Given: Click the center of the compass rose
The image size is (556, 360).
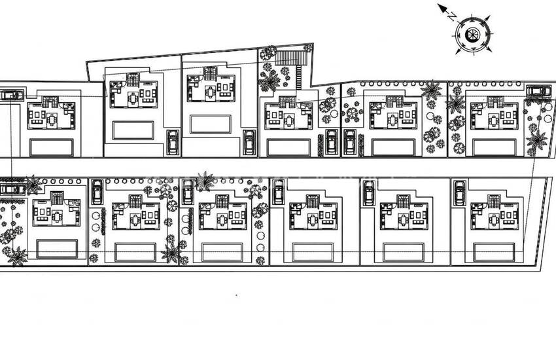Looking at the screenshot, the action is (x=472, y=35).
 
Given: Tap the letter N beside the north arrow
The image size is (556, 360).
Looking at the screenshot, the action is (x=452, y=16).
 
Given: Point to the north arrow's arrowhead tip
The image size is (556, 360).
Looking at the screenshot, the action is (x=438, y=5).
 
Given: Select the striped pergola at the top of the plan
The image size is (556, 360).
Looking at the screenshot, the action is (x=290, y=58).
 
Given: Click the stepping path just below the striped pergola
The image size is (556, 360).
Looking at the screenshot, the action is (x=298, y=77).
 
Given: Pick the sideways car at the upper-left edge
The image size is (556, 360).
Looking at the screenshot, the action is (x=12, y=95).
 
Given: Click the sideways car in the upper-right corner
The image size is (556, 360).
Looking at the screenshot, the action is (x=539, y=91).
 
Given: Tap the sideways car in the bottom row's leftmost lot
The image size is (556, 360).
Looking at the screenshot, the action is (x=13, y=189).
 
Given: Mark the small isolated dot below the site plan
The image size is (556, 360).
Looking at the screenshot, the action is (x=237, y=295).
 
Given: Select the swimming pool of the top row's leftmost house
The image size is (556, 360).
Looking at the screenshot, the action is (x=52, y=147).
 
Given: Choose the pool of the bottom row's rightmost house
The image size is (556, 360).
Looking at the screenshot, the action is (x=494, y=252).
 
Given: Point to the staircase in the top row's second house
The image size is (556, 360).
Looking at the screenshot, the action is (x=133, y=80).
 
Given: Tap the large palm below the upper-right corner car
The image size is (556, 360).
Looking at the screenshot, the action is (x=536, y=140).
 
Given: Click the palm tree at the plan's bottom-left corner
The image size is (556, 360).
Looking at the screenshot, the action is (x=18, y=257).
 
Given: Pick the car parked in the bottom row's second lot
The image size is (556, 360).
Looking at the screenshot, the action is (x=97, y=192).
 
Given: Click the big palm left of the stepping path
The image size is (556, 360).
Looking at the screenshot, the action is (x=269, y=81).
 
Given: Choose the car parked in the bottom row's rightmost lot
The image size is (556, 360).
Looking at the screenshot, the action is (x=460, y=192).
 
